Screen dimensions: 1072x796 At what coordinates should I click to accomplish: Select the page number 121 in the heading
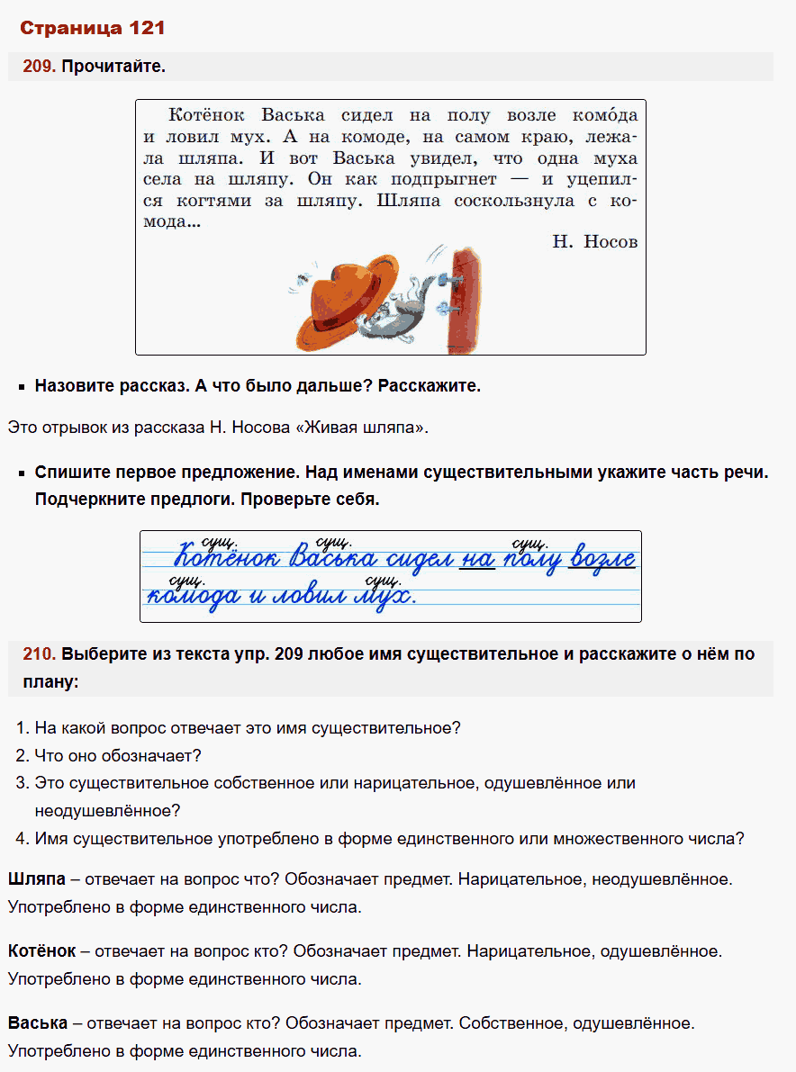tap(145, 28)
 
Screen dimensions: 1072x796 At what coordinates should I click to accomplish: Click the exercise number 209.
tap(41, 67)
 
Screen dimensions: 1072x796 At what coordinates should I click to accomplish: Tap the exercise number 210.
tap(41, 654)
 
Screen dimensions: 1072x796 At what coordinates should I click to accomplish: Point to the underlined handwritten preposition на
tap(476, 560)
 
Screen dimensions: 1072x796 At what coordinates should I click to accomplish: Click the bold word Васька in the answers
tap(37, 1023)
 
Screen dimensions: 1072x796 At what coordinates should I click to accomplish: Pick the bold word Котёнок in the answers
tap(42, 950)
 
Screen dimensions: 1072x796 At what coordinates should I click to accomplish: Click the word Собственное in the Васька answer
tap(512, 1023)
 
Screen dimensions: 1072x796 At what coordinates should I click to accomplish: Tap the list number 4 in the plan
tap(23, 839)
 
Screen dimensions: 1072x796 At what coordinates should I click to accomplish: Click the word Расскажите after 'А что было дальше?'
tap(430, 386)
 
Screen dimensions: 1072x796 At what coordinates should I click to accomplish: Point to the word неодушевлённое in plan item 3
tap(107, 811)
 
